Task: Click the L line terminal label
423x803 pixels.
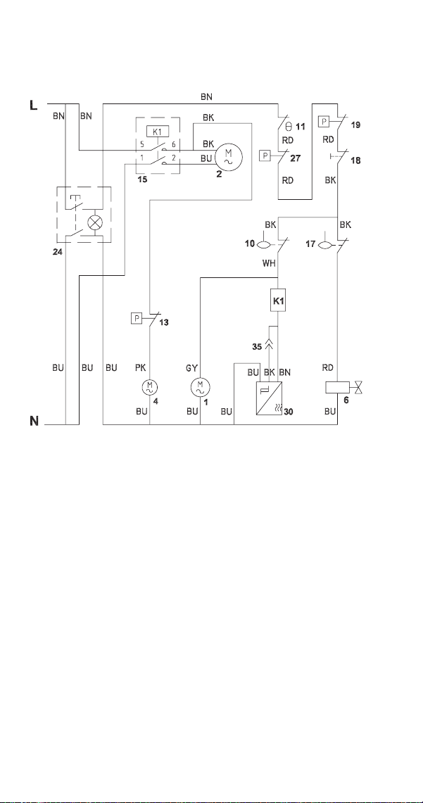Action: pyautogui.click(x=34, y=106)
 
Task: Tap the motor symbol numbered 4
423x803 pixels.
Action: pyautogui.click(x=149, y=386)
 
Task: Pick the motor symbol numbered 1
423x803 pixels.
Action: pyautogui.click(x=200, y=386)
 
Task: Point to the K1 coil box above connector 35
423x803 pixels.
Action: pyautogui.click(x=277, y=301)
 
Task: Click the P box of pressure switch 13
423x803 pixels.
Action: pyautogui.click(x=137, y=319)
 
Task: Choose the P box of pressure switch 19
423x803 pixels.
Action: pyautogui.click(x=325, y=121)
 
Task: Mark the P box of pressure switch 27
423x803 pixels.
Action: pyautogui.click(x=265, y=155)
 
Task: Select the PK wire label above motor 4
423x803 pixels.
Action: pyautogui.click(x=140, y=367)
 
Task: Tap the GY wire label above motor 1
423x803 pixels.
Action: pyautogui.click(x=193, y=367)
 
